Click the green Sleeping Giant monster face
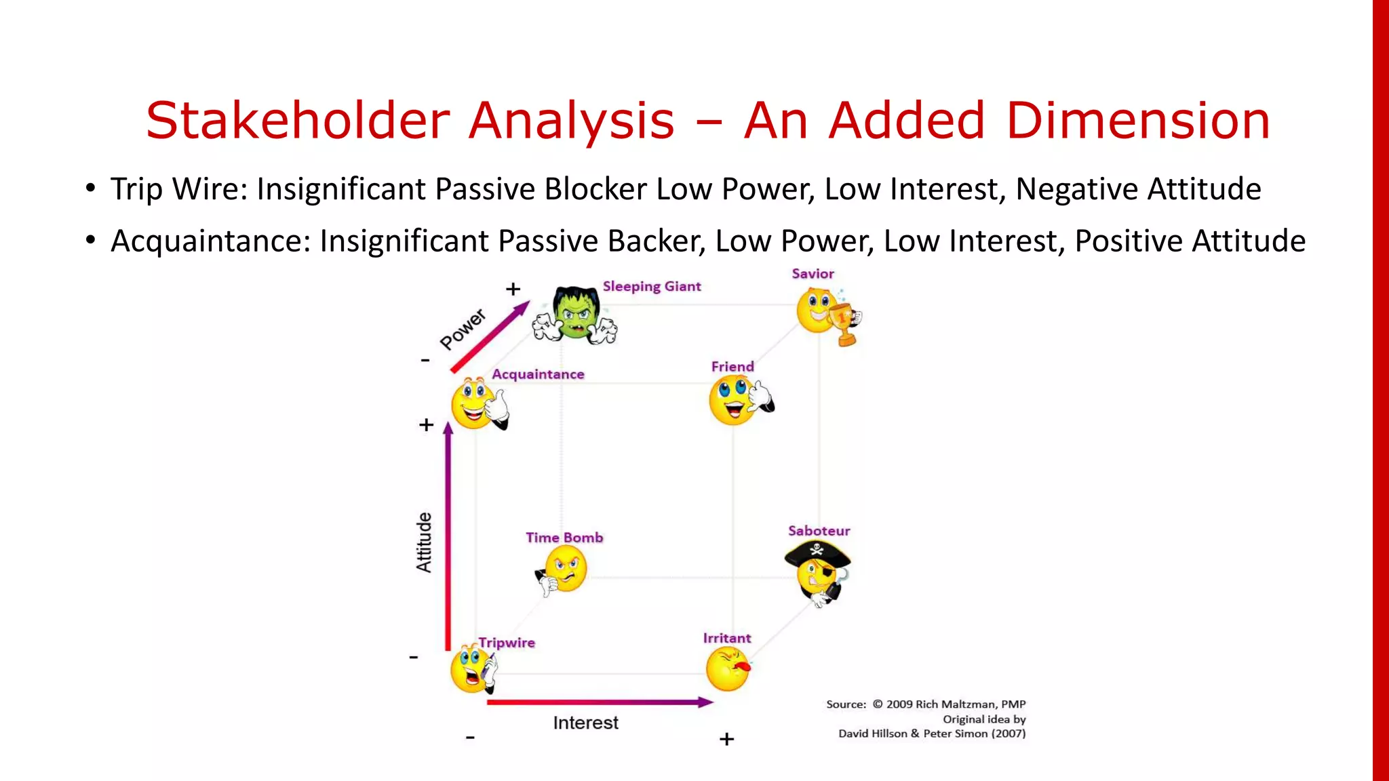[575, 314]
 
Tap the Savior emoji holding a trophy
[824, 313]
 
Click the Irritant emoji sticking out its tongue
[727, 668]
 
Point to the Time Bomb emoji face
[564, 569]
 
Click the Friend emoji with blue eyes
[735, 399]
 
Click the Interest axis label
[585, 723]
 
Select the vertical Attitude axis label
[424, 542]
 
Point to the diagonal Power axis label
[463, 329]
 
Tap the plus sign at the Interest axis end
[726, 739]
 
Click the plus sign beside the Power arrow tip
[513, 289]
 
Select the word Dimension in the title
[1137, 121]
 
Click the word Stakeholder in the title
[298, 121]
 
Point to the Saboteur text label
[819, 531]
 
